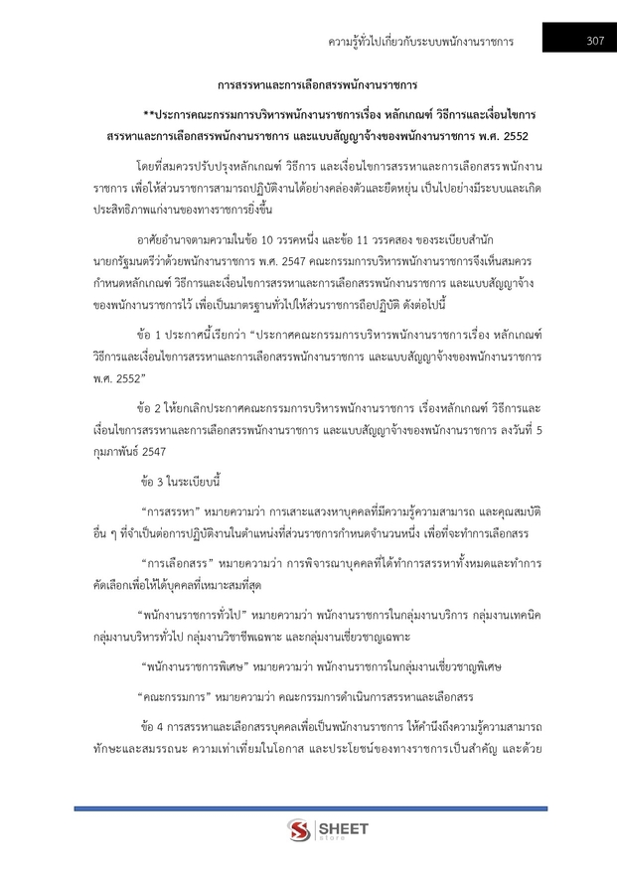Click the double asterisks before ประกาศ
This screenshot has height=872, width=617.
pyautogui.click(x=149, y=113)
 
